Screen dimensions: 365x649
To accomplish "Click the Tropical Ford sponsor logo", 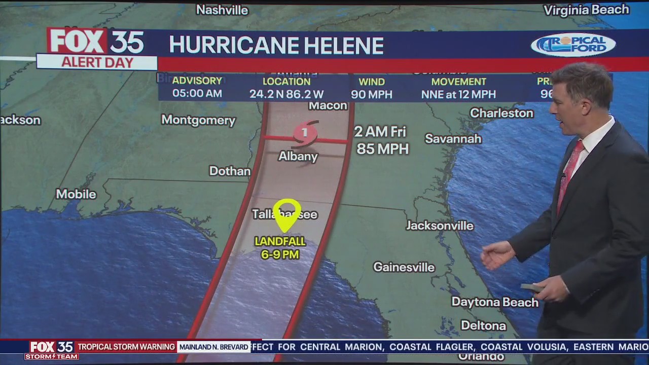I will pyautogui.click(x=573, y=45).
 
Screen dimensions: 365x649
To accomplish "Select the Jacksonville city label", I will pyautogui.click(x=440, y=226).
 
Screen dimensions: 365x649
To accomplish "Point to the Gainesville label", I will pyautogui.click(x=404, y=267).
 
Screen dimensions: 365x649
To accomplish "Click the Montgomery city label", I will pyautogui.click(x=198, y=120).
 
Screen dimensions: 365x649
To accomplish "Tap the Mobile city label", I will pyautogui.click(x=76, y=194).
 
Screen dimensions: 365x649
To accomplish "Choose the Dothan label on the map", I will pyautogui.click(x=230, y=171).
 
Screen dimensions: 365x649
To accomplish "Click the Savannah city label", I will pyautogui.click(x=453, y=138).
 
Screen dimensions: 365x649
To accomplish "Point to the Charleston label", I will pyautogui.click(x=501, y=113).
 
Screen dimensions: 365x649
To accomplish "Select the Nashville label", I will pyautogui.click(x=222, y=10).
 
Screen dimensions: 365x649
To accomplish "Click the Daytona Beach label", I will pyautogui.click(x=494, y=302).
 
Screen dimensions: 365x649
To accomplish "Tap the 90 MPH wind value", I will pyautogui.click(x=372, y=94).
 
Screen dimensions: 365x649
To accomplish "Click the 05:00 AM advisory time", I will pyautogui.click(x=197, y=94).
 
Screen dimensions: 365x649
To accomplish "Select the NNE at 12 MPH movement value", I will pyautogui.click(x=458, y=94).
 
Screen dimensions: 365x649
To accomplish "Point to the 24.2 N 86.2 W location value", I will pyautogui.click(x=286, y=94).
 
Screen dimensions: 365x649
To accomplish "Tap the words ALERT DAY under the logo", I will pyautogui.click(x=97, y=63).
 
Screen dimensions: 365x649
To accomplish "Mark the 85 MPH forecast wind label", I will pyautogui.click(x=382, y=149).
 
